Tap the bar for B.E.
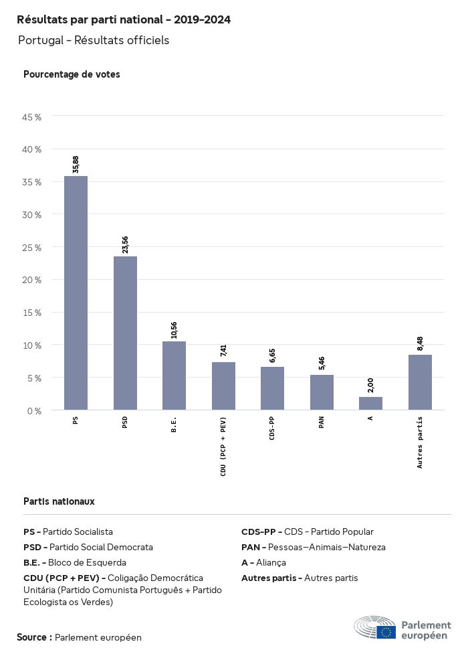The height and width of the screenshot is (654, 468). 174,376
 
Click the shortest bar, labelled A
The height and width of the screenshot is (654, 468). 370,404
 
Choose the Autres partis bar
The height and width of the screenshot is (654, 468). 420,382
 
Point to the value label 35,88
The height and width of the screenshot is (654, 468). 76,165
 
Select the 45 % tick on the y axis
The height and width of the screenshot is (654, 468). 32,117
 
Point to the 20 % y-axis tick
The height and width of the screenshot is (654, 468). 32,280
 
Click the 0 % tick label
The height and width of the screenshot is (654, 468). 34,410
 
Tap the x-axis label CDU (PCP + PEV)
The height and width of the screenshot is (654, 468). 223,446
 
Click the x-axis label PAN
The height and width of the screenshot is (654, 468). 322,422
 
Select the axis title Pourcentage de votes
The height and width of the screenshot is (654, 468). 72,74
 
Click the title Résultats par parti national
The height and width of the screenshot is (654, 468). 124,20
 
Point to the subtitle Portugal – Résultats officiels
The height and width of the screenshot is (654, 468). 94,40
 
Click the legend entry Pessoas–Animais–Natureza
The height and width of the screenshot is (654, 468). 314,547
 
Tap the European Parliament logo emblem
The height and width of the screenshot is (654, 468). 375,628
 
